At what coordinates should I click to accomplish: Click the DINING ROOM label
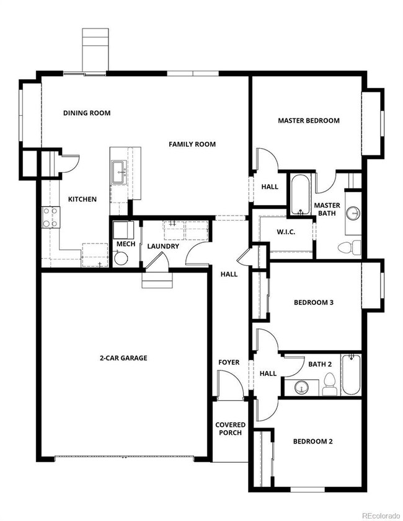click(x=87, y=113)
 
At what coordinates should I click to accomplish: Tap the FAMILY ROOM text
click(x=192, y=144)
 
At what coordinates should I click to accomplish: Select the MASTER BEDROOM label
click(x=309, y=120)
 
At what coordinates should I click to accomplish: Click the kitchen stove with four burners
click(x=51, y=217)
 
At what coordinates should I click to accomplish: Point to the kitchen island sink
click(x=118, y=172)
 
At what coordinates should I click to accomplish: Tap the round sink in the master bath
click(x=353, y=212)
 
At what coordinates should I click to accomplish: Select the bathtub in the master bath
click(x=300, y=195)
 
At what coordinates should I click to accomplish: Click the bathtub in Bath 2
click(x=352, y=374)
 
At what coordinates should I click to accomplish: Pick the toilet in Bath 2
click(x=329, y=384)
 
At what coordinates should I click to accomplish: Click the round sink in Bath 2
click(x=301, y=387)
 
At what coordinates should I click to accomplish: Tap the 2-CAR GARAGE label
click(x=123, y=358)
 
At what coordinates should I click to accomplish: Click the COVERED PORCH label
click(x=230, y=429)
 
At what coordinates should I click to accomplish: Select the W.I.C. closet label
click(x=286, y=232)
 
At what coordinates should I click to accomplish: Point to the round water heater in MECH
click(x=121, y=258)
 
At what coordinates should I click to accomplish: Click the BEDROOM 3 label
click(x=314, y=302)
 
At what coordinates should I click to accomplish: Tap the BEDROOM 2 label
click(x=312, y=441)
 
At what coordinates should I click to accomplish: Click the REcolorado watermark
click(x=381, y=515)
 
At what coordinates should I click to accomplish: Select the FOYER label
click(x=229, y=362)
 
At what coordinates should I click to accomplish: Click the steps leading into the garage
click(x=158, y=280)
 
